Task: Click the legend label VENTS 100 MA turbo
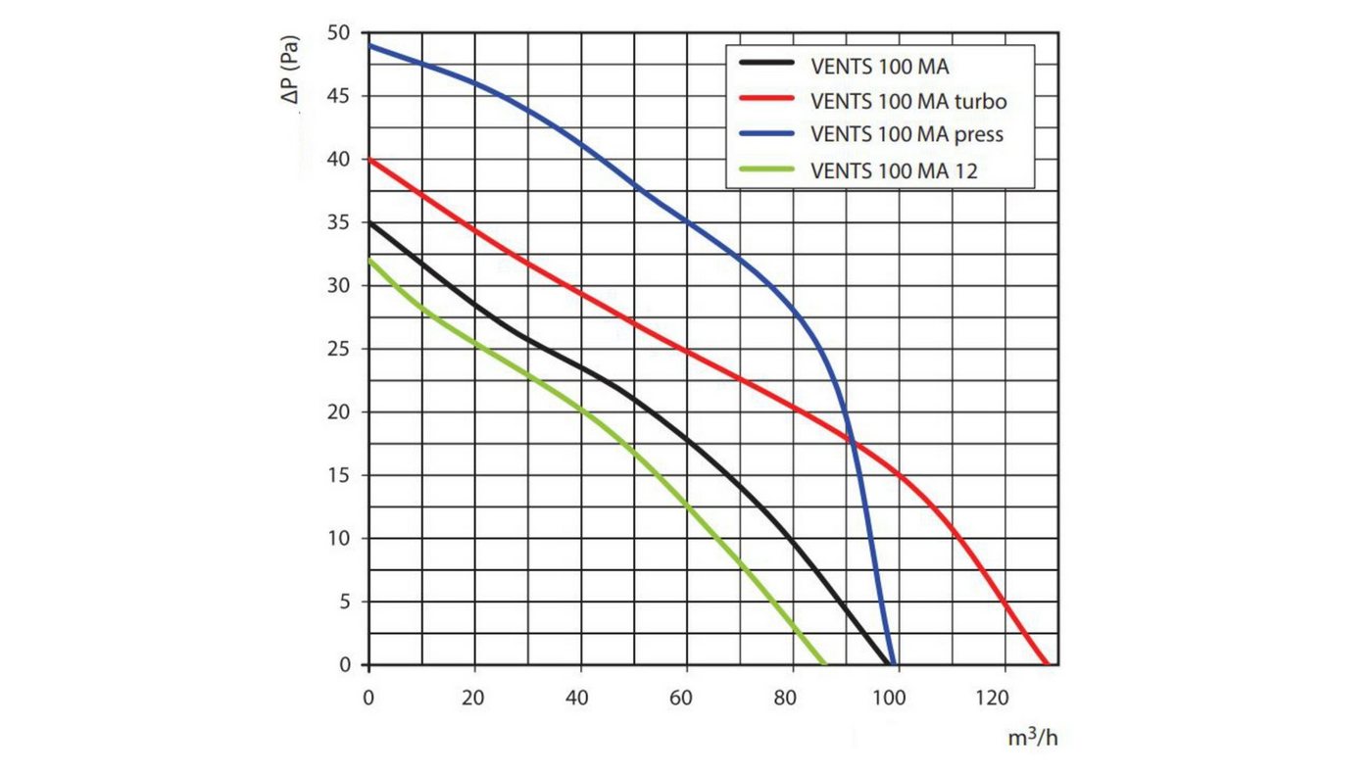point(908,101)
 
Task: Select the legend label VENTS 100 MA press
point(907,134)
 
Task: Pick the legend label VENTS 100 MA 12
point(894,170)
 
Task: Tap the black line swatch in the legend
point(766,63)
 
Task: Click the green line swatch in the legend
point(766,169)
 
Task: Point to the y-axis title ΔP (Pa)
point(290,70)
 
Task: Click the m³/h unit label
point(1033,737)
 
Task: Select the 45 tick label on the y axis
point(339,96)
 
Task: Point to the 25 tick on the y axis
point(339,349)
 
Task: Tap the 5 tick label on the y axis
point(345,602)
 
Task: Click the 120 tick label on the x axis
point(992,698)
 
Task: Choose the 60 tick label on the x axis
point(680,698)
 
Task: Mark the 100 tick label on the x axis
point(889,698)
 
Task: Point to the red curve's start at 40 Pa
point(369,159)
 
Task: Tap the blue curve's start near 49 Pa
point(369,45)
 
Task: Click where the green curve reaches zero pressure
point(824,664)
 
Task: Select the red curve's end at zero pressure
point(1047,664)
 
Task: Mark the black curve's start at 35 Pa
point(369,222)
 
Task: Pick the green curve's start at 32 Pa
point(369,260)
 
